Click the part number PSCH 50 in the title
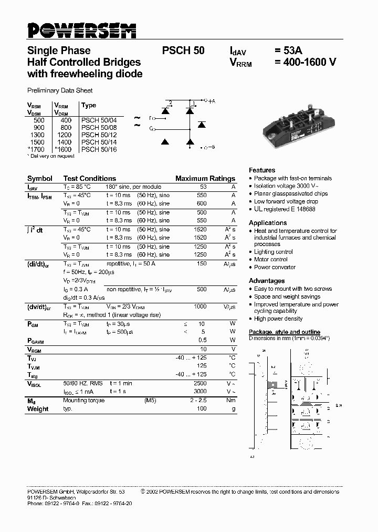183,51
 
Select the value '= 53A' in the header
289,51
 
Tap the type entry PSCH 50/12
99,135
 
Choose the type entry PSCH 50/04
99,120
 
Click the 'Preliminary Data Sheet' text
60,90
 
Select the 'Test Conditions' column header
89,178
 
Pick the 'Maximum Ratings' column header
205,178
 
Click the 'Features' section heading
262,170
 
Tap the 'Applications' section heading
268,223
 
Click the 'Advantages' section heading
267,281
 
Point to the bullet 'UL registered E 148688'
285,209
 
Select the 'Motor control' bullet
271,259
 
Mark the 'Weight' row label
38,409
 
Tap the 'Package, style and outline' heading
284,332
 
